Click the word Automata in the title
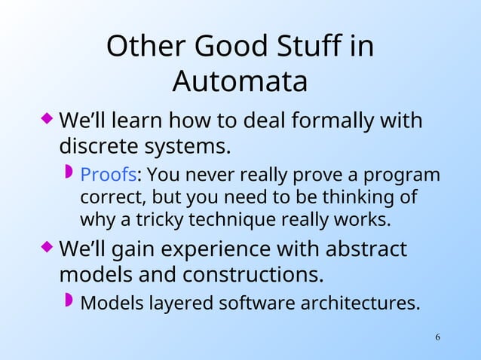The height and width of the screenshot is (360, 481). pos(240,81)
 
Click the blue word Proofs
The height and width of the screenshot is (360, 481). pos(108,175)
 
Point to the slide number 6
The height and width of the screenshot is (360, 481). pos(438,335)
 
